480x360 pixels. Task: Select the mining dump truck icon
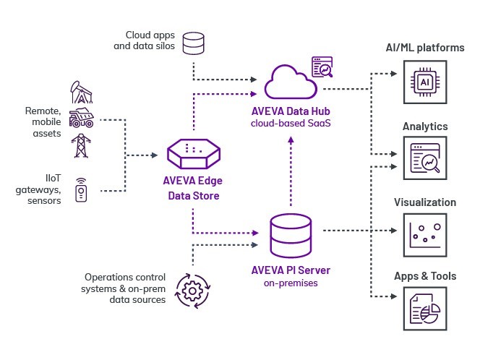(x=80, y=119)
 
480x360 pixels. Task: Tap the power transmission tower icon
(x=80, y=145)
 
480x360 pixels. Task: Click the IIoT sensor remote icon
(x=81, y=190)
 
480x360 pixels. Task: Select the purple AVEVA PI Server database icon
(x=291, y=231)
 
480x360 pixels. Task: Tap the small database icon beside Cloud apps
(x=194, y=43)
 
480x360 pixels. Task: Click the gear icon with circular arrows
(x=192, y=288)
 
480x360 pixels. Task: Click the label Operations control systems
(x=126, y=278)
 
